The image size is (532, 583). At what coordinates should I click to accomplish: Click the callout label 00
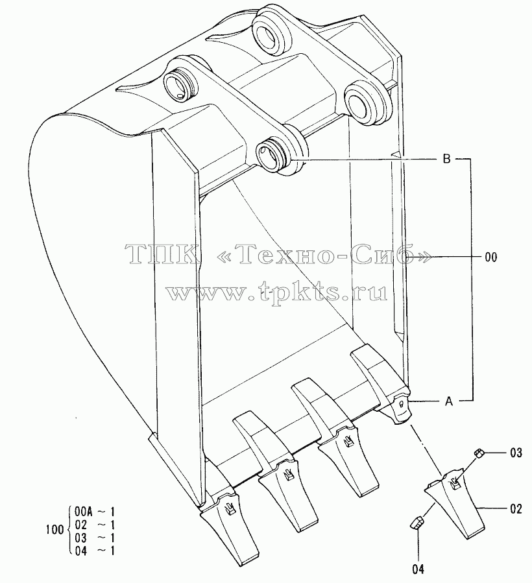pyautogui.click(x=491, y=257)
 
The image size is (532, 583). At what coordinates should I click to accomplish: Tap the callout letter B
pyautogui.click(x=446, y=159)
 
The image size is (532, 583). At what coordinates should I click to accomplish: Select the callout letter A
pyautogui.click(x=449, y=401)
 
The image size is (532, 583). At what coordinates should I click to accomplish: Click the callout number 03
pyautogui.click(x=516, y=453)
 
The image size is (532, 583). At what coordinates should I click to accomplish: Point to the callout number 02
pyautogui.click(x=516, y=508)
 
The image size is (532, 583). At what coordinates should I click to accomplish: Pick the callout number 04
pyautogui.click(x=418, y=569)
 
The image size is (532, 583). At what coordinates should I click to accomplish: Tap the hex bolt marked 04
pyautogui.click(x=415, y=521)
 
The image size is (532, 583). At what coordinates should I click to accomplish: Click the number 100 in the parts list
pyautogui.click(x=54, y=529)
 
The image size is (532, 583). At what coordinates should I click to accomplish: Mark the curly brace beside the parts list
pyautogui.click(x=69, y=529)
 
